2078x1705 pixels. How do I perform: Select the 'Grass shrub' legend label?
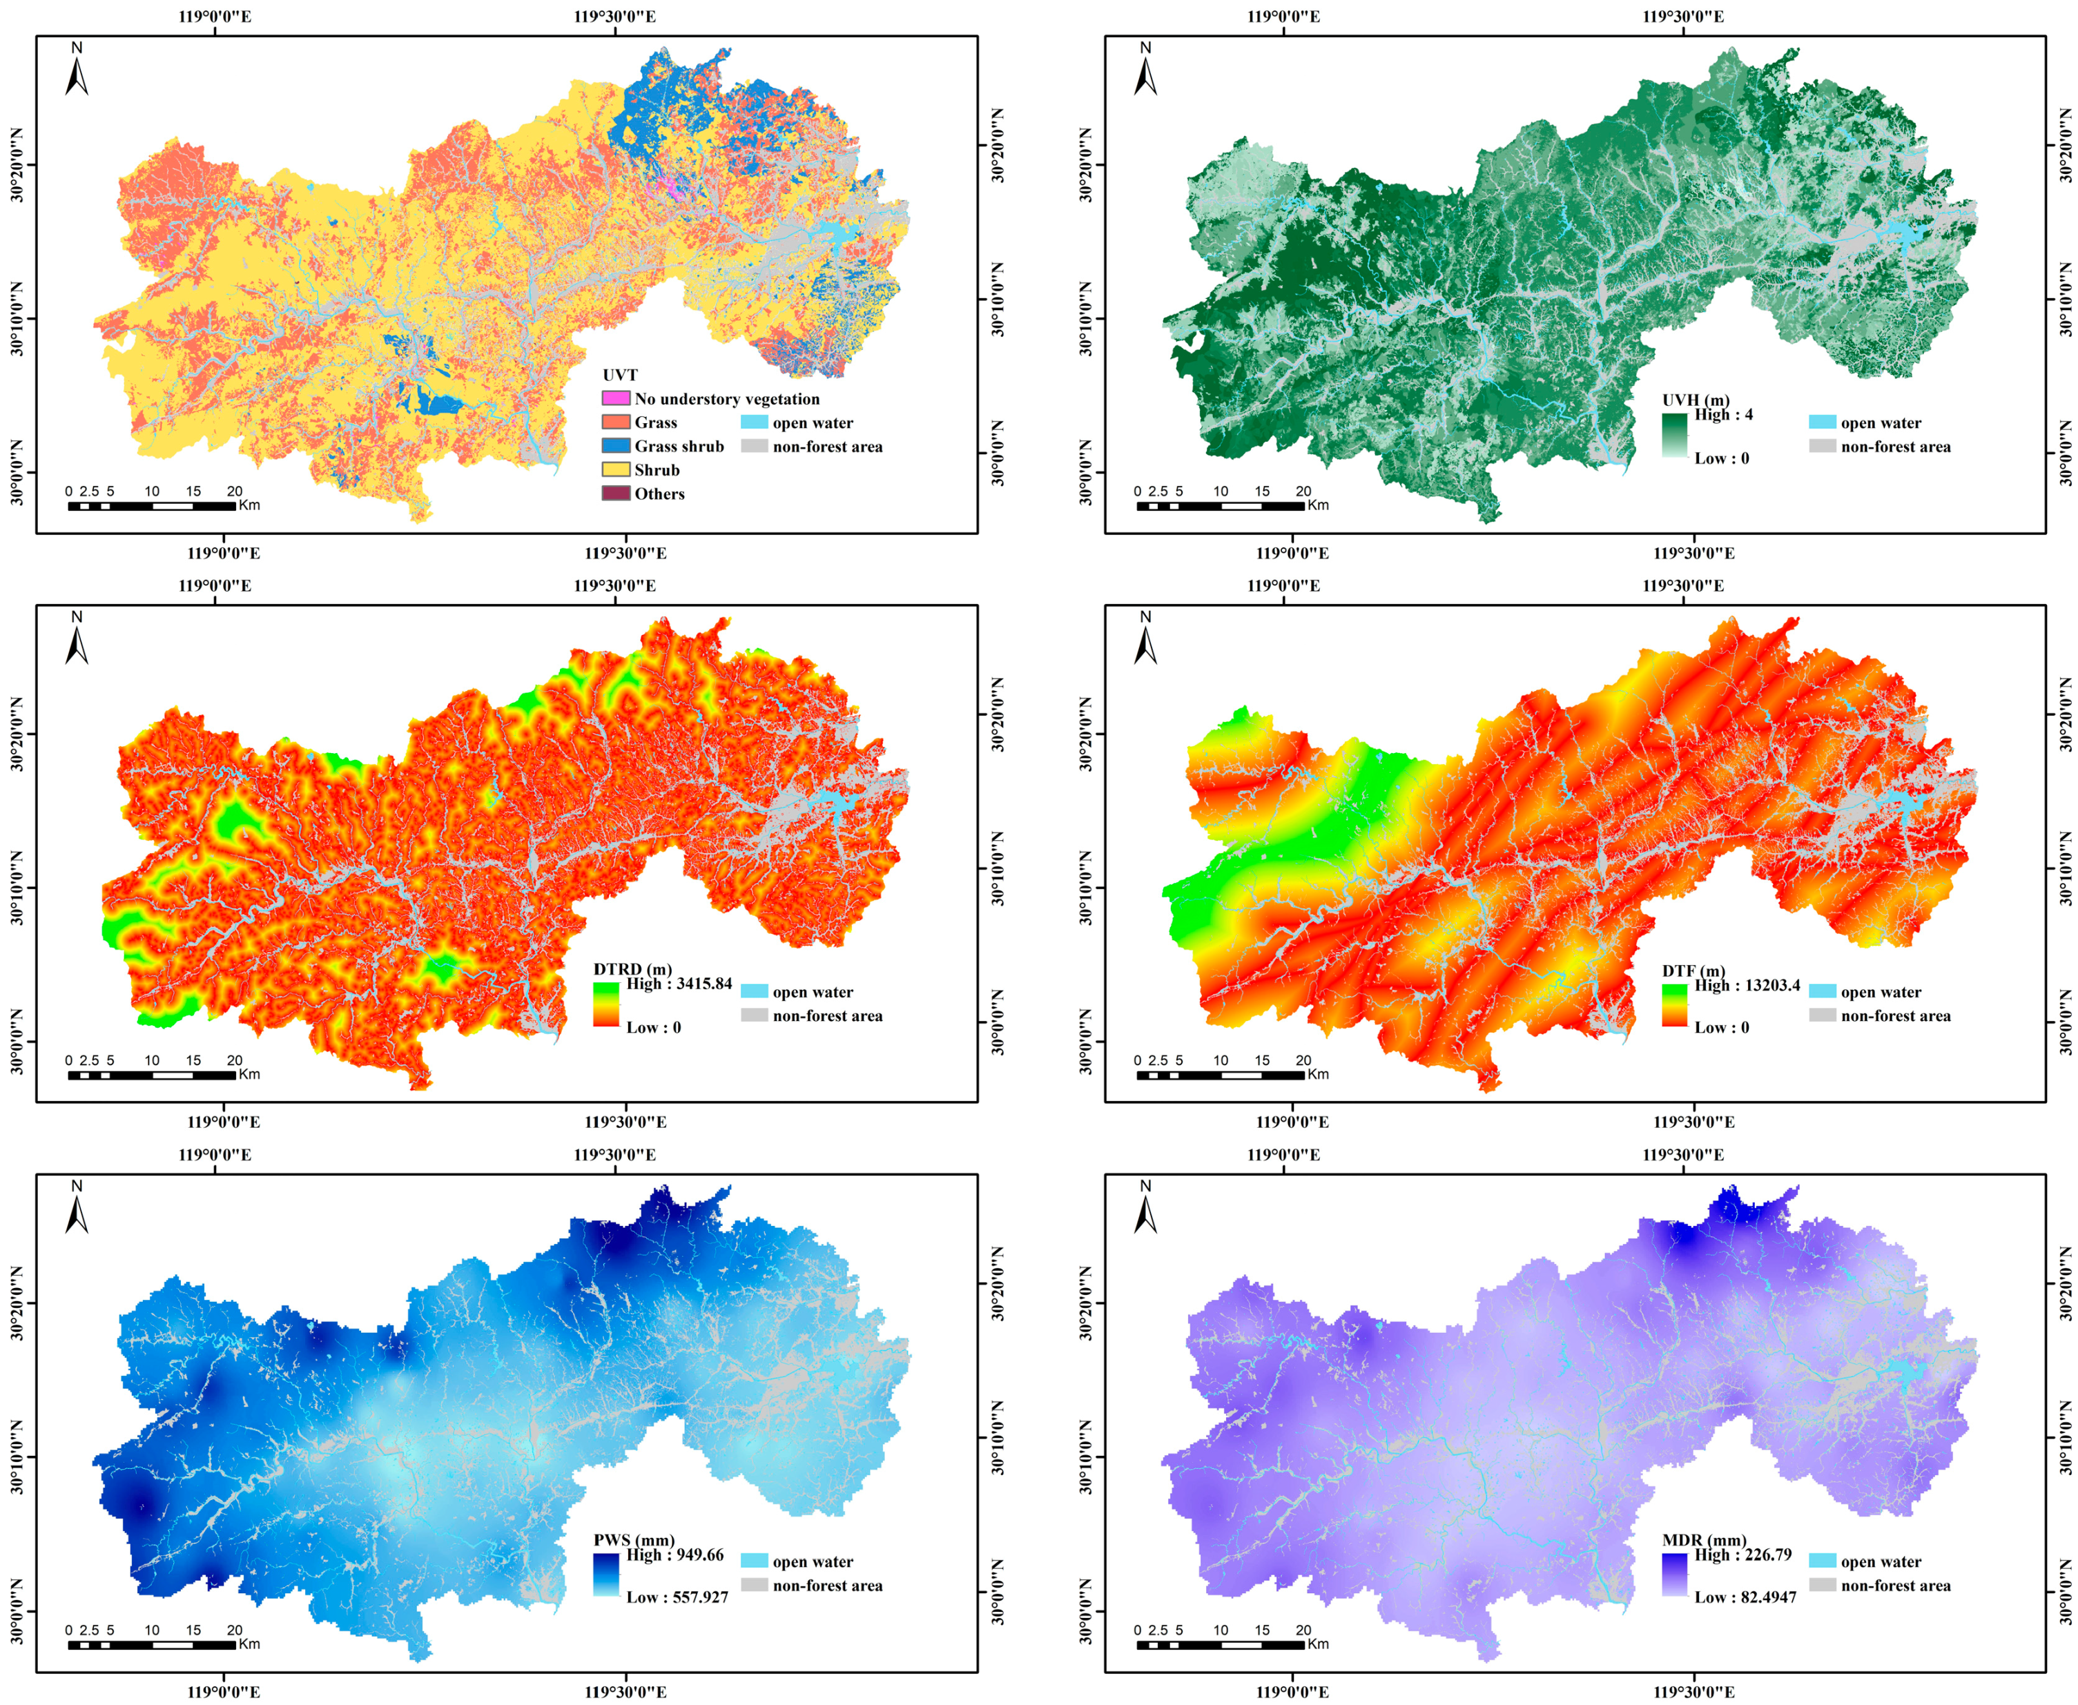tap(679, 446)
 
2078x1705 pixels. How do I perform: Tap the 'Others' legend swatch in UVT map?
tap(616, 493)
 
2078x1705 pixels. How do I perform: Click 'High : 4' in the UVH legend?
tap(1723, 414)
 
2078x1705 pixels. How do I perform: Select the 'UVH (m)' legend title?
tap(1696, 400)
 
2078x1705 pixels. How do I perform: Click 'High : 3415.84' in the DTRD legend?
tap(679, 983)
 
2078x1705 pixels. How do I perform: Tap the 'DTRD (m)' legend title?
tap(632, 969)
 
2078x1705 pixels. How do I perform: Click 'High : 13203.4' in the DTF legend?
tap(1747, 985)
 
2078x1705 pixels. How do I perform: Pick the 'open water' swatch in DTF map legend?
tap(1823, 991)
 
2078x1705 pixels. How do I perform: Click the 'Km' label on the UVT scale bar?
tap(249, 505)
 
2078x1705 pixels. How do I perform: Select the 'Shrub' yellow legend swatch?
tap(616, 469)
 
